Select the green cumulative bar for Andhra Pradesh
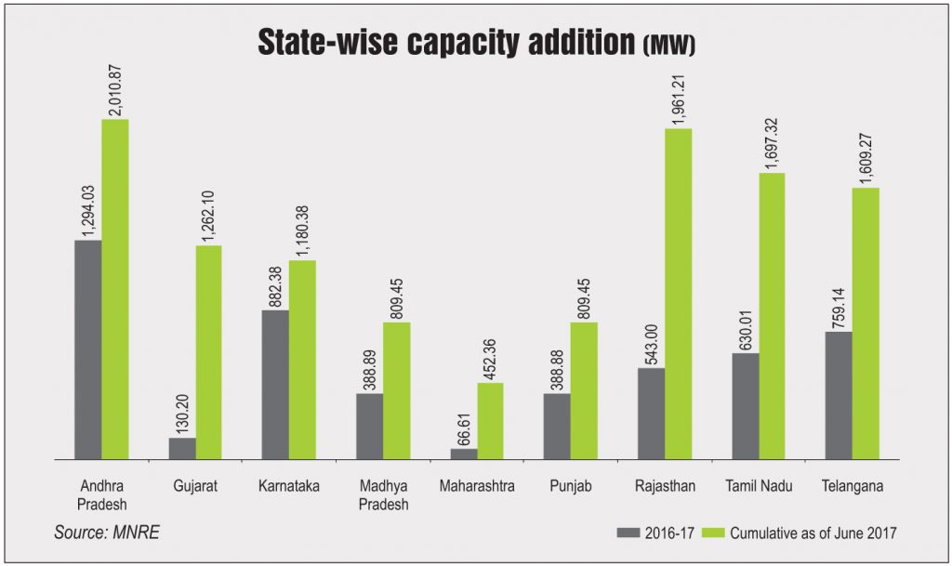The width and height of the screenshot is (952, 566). [x=114, y=289]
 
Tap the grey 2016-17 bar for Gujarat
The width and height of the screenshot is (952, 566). [x=182, y=448]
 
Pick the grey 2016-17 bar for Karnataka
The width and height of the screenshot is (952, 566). [x=275, y=384]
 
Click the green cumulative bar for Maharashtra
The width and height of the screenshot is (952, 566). [x=490, y=420]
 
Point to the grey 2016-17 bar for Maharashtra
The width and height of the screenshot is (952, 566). [x=464, y=454]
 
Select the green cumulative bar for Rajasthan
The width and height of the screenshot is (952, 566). [x=678, y=294]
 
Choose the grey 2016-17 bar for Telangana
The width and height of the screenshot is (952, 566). [x=839, y=395]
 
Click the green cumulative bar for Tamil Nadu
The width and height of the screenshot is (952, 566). [x=772, y=316]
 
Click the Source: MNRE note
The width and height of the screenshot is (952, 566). [x=100, y=532]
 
